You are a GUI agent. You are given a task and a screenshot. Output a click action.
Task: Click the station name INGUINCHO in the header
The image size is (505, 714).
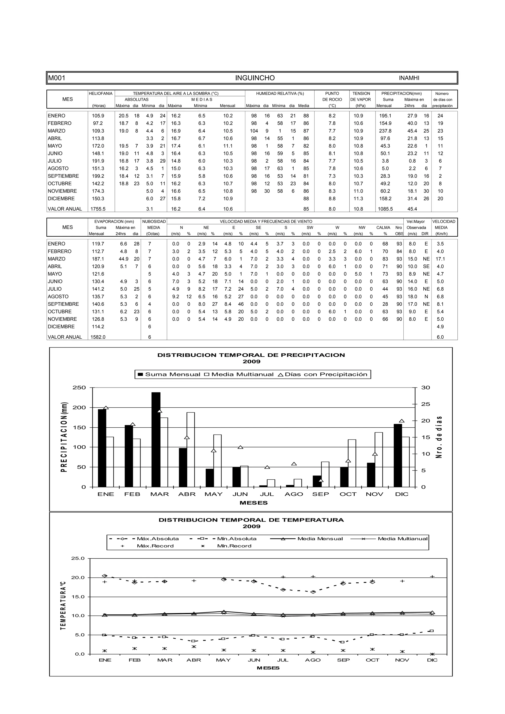click(x=254, y=78)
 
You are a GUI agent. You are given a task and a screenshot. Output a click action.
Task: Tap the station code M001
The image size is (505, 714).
click(x=57, y=78)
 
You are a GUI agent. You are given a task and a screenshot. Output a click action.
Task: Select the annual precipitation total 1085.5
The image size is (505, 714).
click(x=385, y=209)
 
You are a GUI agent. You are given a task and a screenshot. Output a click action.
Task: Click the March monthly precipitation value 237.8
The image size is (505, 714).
click(x=385, y=131)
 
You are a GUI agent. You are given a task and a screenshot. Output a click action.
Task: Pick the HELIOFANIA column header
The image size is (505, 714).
click(x=101, y=93)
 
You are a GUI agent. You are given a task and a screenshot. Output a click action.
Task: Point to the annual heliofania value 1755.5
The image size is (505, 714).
click(x=98, y=209)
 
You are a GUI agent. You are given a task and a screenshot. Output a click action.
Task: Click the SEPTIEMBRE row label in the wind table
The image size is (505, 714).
click(x=63, y=304)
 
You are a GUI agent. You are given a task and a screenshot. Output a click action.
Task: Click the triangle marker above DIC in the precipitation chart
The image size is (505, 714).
click(x=402, y=421)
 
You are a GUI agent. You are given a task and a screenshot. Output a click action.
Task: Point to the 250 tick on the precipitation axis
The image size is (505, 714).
click(x=79, y=388)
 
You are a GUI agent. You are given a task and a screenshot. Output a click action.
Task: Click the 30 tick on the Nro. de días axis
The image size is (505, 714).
click(x=425, y=388)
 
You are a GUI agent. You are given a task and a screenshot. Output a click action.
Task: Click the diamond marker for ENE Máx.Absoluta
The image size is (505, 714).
click(x=105, y=576)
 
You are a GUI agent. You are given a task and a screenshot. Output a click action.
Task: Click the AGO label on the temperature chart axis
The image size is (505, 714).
click(x=313, y=660)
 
